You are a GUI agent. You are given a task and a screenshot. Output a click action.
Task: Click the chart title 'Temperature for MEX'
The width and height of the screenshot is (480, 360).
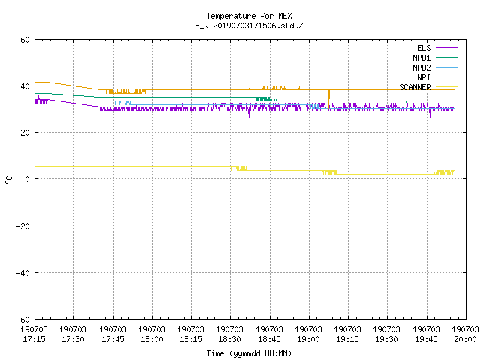[x=249, y=16]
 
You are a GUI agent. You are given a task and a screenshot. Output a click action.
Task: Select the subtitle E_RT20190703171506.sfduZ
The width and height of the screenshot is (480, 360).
[x=249, y=25]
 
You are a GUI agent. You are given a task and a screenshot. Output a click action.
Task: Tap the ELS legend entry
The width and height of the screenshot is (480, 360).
[x=424, y=48]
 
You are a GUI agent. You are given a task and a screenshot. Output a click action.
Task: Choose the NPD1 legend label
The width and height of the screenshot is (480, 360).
[x=421, y=58]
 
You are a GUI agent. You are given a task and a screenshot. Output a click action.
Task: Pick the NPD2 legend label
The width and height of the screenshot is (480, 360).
[x=421, y=67]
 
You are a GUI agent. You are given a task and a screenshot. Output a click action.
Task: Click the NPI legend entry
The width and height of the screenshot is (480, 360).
[x=424, y=77]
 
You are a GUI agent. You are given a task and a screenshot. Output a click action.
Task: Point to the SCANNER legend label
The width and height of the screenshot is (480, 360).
[x=415, y=87]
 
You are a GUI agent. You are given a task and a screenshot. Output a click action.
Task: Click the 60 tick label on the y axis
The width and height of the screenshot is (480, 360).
[x=25, y=40]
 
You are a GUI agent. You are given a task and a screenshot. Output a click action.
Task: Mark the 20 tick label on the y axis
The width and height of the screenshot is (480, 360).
[x=25, y=133]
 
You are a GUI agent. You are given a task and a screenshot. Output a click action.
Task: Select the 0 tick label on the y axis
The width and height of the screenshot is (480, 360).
[x=28, y=179]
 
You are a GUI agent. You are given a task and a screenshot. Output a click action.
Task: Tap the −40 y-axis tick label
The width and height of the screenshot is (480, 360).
[x=23, y=273]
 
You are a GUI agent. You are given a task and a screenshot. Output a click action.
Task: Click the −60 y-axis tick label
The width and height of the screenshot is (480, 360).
[x=23, y=319]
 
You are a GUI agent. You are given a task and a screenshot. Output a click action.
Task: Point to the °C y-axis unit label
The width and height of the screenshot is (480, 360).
[x=9, y=180]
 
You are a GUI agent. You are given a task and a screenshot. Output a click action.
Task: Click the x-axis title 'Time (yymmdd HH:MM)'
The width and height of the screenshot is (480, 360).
[x=249, y=353]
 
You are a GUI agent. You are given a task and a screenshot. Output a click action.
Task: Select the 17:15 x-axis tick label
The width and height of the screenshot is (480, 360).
[x=34, y=334]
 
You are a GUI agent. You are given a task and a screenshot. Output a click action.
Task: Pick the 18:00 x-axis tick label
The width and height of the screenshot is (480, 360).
[x=151, y=334]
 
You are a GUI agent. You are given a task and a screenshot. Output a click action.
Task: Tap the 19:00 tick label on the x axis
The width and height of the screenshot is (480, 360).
[x=308, y=334]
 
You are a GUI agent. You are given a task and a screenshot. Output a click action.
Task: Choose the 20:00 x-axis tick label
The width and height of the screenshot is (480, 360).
[x=465, y=334]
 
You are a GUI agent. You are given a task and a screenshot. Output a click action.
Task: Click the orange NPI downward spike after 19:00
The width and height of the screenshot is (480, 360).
[x=329, y=99]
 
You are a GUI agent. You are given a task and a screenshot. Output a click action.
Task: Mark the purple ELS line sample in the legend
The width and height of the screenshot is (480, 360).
[x=446, y=48]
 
